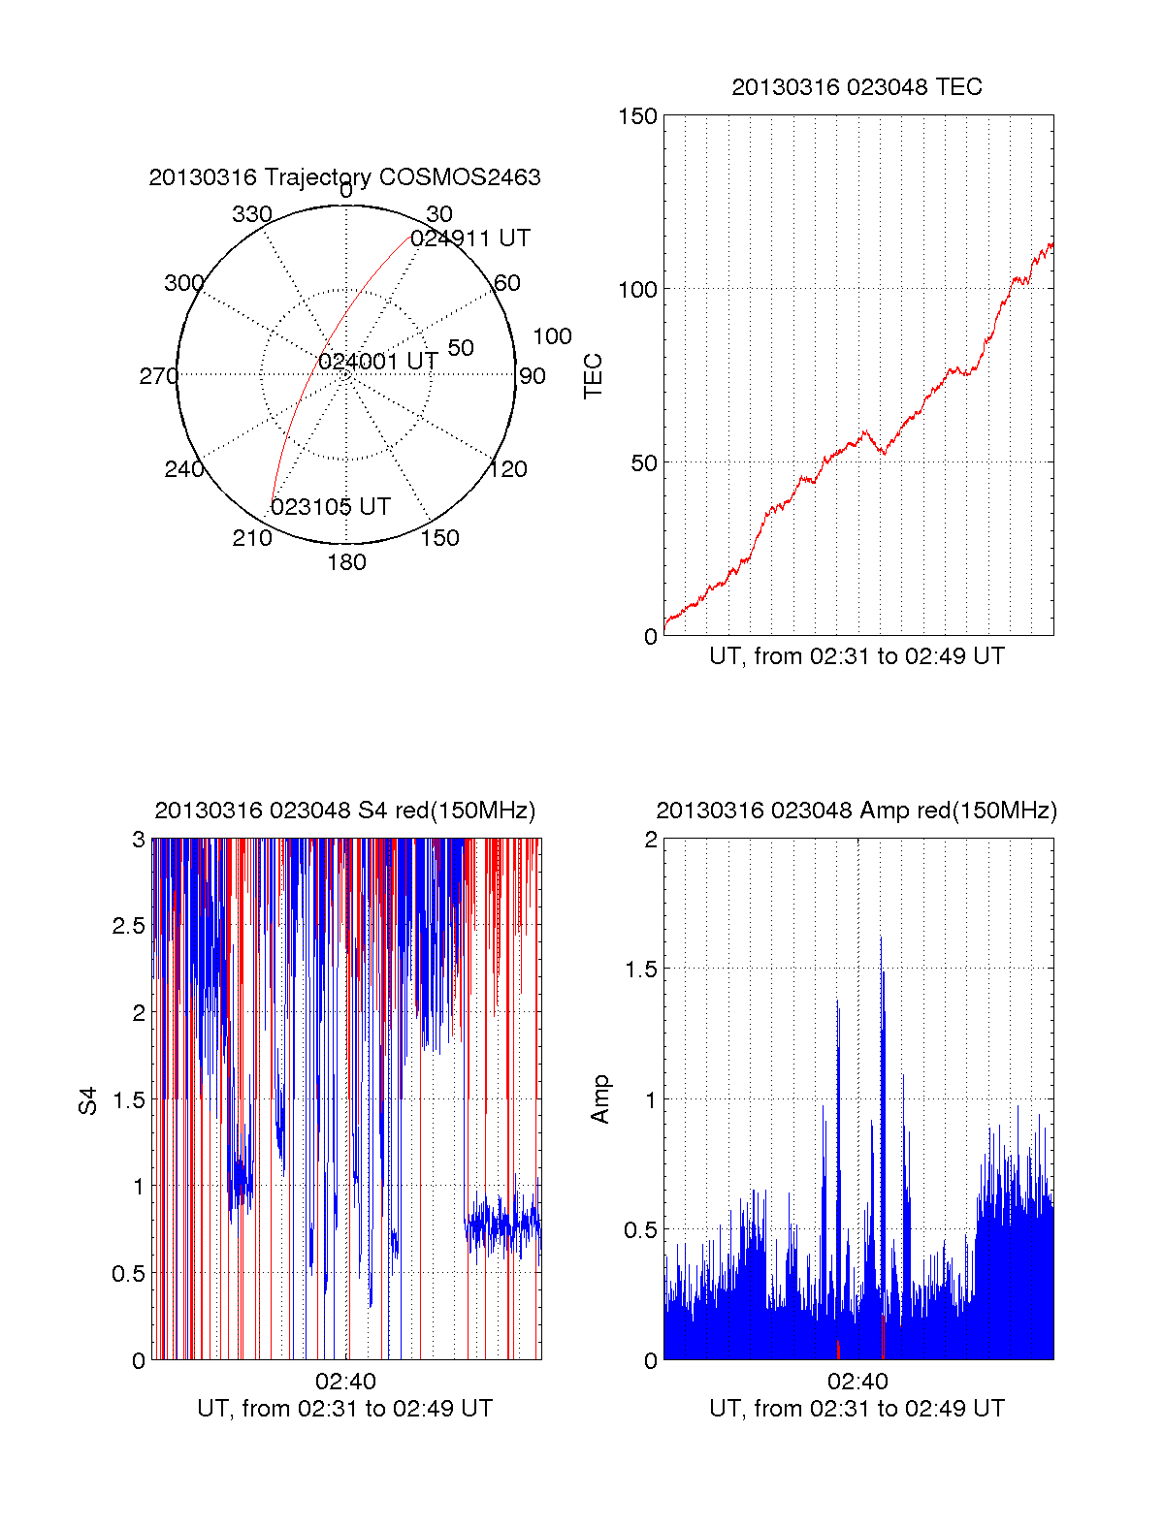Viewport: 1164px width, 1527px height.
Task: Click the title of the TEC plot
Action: pos(857,87)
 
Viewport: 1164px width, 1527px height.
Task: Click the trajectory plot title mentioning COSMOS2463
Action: pos(344,177)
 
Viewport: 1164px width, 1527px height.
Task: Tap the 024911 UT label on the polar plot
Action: pos(470,239)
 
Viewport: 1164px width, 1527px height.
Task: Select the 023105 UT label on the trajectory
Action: pos(331,507)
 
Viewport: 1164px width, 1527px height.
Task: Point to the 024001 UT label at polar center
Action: pos(378,362)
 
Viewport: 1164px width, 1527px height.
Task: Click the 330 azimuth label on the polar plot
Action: pos(252,214)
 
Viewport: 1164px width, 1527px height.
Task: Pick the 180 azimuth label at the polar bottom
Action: pos(346,562)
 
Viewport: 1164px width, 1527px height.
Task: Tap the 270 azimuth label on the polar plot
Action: pos(158,376)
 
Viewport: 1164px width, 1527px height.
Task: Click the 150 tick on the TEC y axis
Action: pos(637,116)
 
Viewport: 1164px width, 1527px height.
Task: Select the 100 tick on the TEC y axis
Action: pos(637,290)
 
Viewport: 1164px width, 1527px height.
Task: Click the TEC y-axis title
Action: pos(594,376)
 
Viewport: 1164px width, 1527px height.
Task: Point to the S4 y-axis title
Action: pos(88,1100)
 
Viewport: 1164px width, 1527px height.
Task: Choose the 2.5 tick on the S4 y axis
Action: pos(129,926)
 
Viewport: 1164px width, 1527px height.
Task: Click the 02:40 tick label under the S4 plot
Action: pos(345,1382)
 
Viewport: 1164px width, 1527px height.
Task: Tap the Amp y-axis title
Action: pos(600,1098)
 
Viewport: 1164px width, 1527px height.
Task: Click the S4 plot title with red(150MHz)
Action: pos(344,811)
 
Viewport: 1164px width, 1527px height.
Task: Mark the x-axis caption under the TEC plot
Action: pos(857,656)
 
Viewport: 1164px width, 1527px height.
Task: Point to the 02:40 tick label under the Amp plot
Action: pos(857,1382)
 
